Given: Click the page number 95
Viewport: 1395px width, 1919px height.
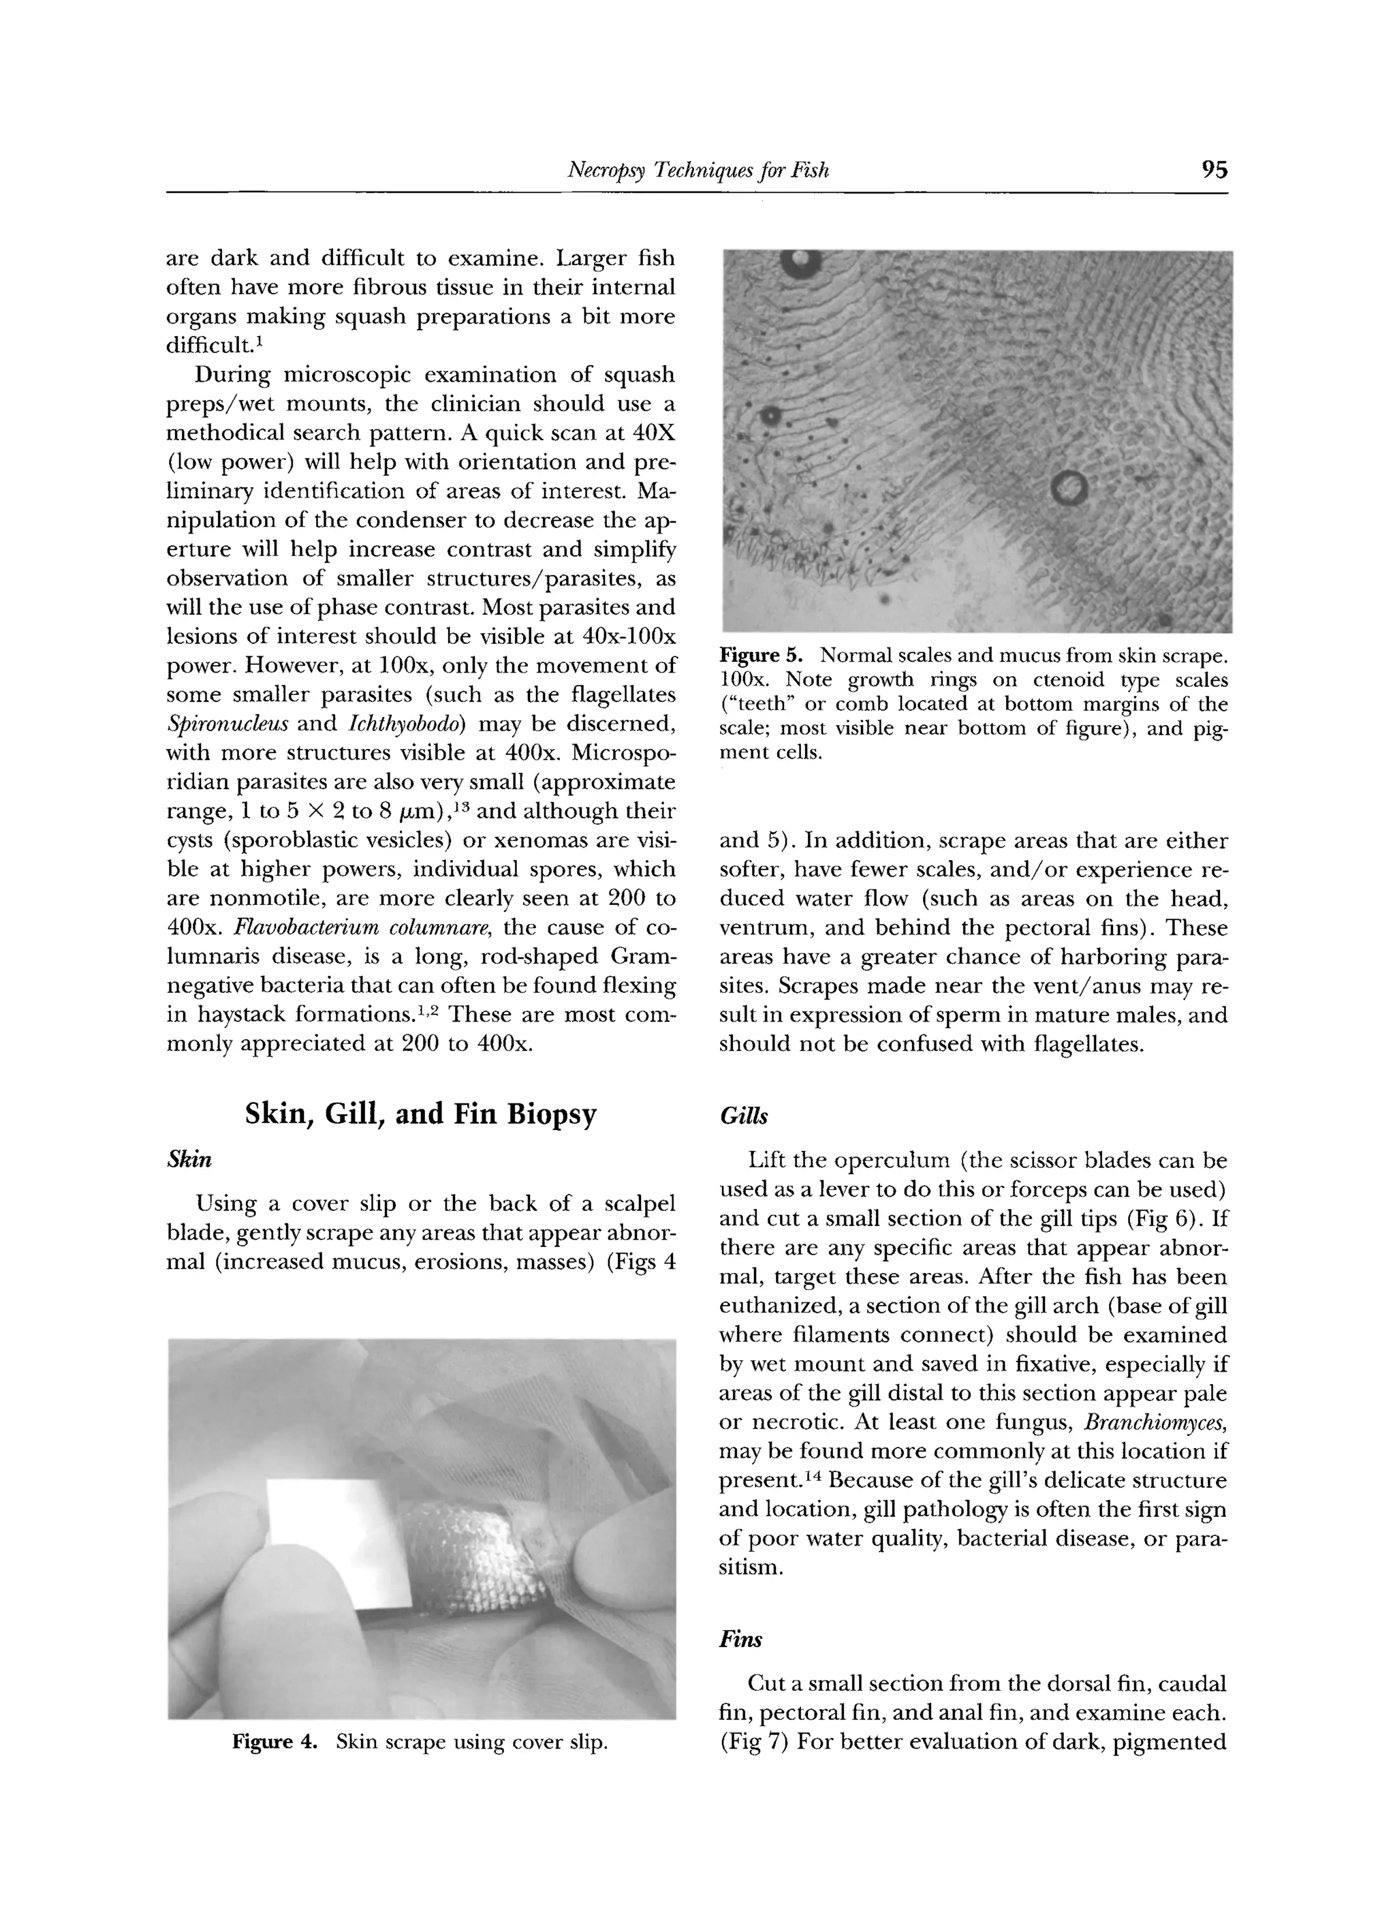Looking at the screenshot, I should click(1213, 170).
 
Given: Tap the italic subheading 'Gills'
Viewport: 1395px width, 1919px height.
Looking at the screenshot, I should click(742, 1117).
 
